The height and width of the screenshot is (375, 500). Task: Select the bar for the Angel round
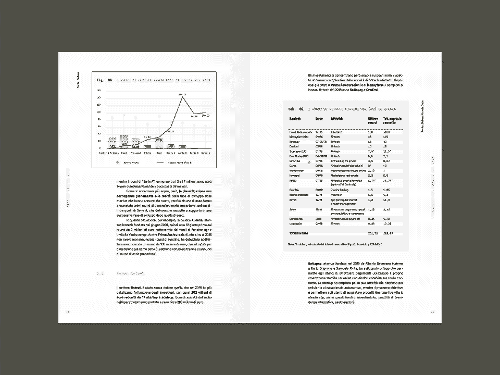pos(123,143)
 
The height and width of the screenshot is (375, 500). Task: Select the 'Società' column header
pos(295,120)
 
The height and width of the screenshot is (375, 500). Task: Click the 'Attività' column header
pos(337,120)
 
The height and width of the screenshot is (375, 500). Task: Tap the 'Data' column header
pos(319,120)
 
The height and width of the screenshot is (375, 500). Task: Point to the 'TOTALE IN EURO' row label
pos(299,233)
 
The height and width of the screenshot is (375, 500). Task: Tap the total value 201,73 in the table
pos(371,233)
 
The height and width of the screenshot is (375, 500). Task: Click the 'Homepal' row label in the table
pos(295,175)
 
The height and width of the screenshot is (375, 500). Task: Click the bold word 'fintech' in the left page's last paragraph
pos(136,287)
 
